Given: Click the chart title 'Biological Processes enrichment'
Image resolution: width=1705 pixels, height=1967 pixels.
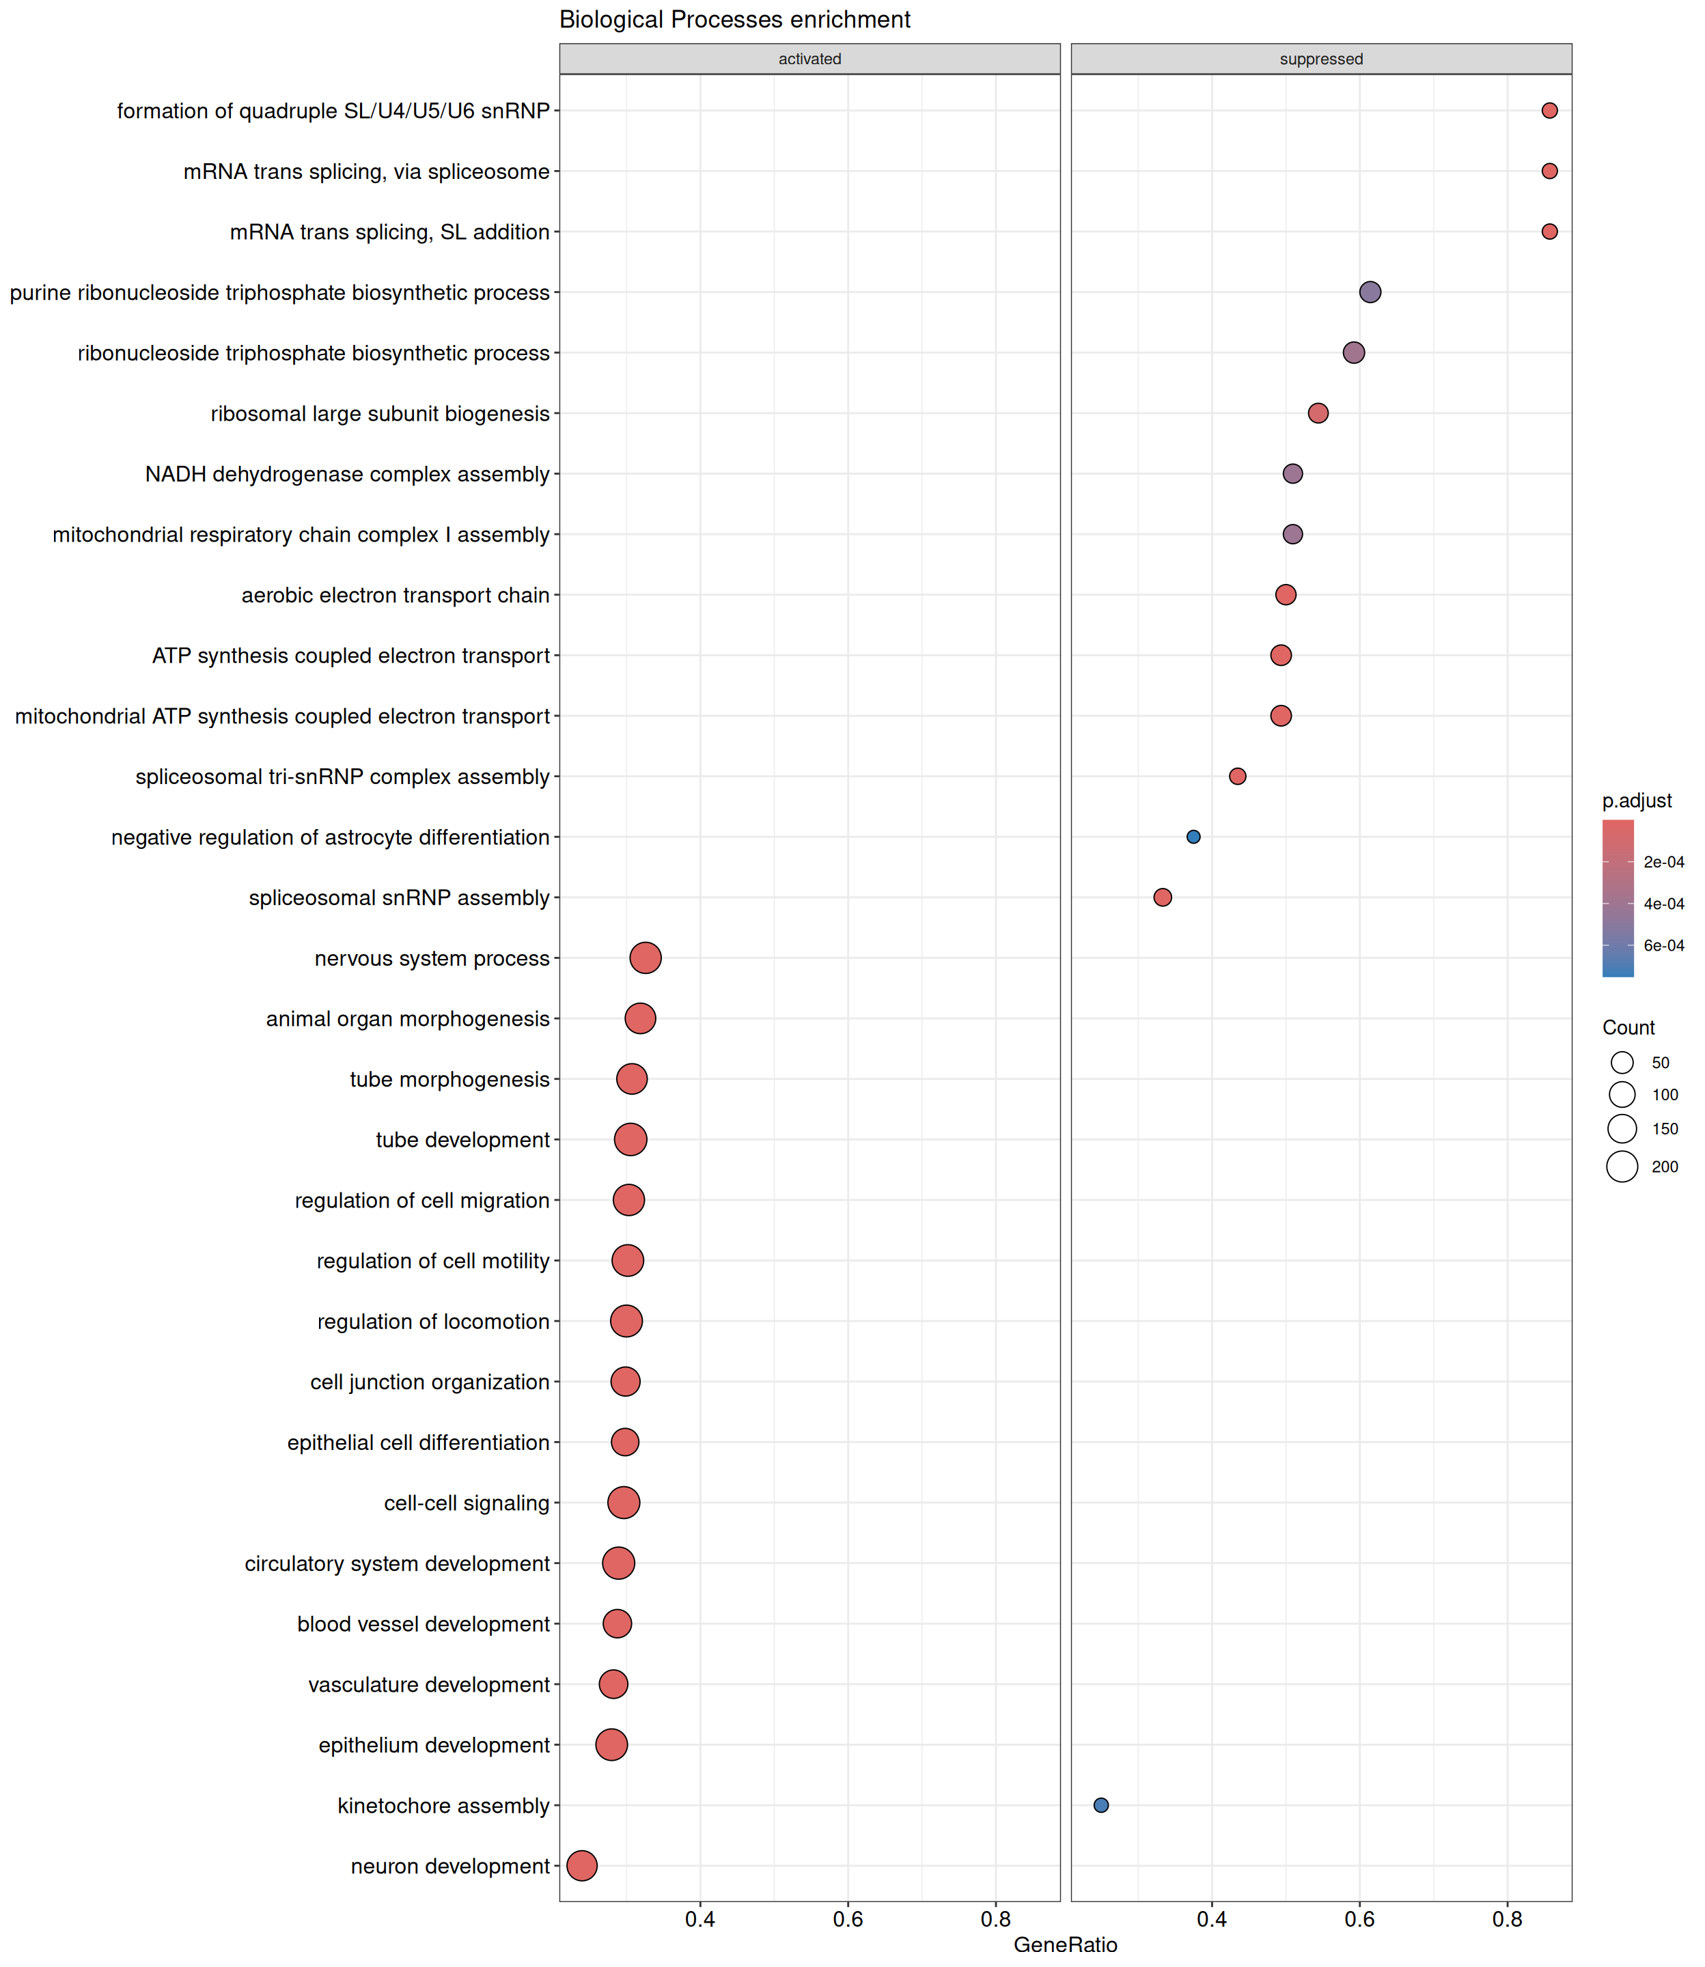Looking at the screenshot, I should pos(734,20).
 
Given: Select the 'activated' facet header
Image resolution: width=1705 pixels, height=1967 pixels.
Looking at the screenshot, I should pos(809,59).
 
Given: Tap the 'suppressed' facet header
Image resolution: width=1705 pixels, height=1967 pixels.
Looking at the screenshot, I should pos(1320,59).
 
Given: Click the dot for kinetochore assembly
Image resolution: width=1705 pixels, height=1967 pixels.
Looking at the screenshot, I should pos(1101,1805).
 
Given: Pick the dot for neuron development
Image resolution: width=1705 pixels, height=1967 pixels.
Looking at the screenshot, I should pos(581,1866).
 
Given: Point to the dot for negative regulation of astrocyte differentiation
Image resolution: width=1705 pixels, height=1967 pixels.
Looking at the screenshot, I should pos(1193,837).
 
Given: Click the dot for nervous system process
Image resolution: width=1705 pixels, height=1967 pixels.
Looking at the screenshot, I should pos(645,958).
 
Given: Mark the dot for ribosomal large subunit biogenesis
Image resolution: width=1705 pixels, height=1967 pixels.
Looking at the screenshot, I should pos(1318,413).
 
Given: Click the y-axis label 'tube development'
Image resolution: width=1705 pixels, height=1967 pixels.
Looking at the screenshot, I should pos(462,1139).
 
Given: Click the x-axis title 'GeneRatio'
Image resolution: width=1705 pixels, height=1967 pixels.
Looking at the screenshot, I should pos(1065,1944).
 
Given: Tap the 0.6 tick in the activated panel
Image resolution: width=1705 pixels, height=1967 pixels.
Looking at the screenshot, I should pos(848,1919).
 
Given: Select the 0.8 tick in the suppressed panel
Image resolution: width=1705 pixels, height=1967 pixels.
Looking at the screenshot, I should pos(1507,1919).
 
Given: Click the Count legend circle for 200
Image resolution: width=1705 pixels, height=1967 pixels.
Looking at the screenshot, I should pos(1622,1166).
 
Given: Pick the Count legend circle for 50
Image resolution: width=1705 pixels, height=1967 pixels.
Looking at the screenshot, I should pos(1622,1063).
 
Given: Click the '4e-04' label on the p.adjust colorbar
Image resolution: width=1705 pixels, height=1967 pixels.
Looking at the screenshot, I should pos(1663,904).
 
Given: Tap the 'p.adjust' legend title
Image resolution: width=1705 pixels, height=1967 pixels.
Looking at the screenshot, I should pos(1637,801).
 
